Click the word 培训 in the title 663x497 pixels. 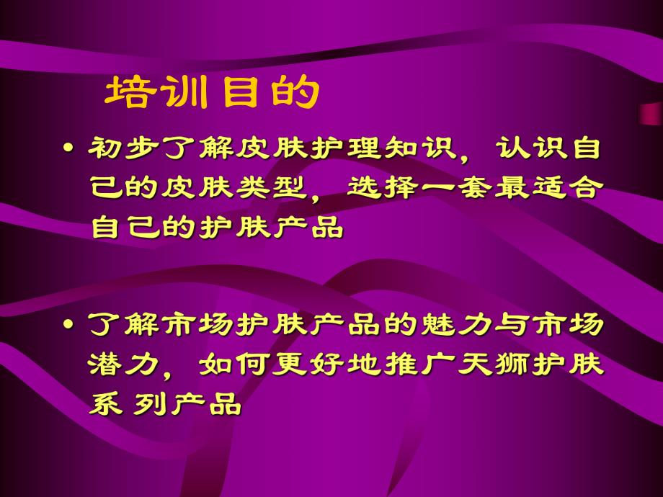pyautogui.click(x=159, y=92)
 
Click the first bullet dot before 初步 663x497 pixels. pyautogui.click(x=69, y=149)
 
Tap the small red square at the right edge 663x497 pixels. pyautogui.click(x=651, y=114)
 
